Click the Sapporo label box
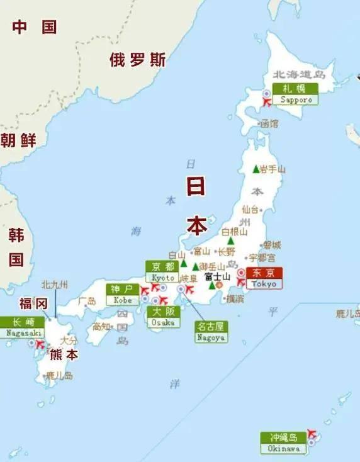[295, 94]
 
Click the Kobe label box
[122, 294]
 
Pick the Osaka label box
[162, 317]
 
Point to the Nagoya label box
[211, 332]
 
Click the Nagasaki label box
[22, 327]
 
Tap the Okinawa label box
[283, 442]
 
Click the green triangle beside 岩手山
[256, 169]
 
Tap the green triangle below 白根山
[230, 240]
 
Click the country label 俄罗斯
[138, 60]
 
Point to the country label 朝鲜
[18, 140]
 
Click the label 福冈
[33, 303]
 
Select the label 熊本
[65, 354]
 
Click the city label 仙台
[250, 209]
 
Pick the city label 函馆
[268, 124]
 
